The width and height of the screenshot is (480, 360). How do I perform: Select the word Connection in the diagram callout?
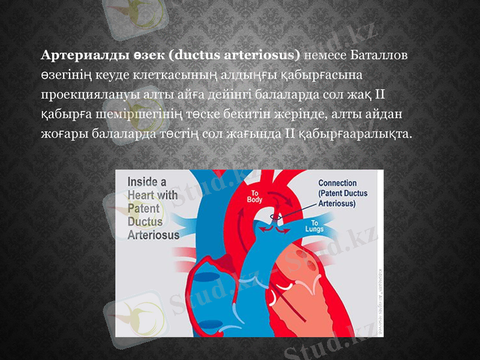(337, 184)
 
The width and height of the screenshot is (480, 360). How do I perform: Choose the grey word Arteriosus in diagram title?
(154, 235)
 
